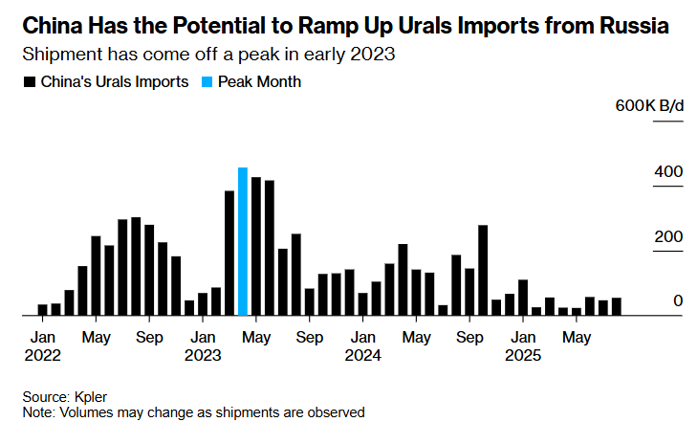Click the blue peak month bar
(243, 241)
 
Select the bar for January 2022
(42, 309)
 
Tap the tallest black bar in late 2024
(483, 270)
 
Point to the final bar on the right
(617, 306)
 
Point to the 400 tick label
(669, 172)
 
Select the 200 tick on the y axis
(669, 237)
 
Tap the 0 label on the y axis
(677, 301)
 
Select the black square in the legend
(28, 82)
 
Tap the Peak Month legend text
(259, 82)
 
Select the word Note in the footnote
(38, 411)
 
